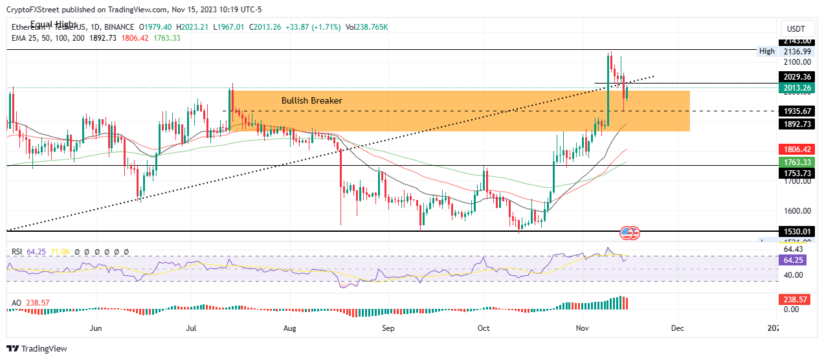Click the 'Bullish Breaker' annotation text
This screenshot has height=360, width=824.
[311, 101]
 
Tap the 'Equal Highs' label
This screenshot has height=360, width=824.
[53, 25]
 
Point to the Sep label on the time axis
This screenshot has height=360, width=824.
[388, 328]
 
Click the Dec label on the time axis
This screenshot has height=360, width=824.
[678, 328]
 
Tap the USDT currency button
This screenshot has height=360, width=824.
[795, 29]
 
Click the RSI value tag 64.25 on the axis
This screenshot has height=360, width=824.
[794, 260]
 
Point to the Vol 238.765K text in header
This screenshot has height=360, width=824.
[368, 27]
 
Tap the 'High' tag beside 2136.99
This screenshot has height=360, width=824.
[767, 51]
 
